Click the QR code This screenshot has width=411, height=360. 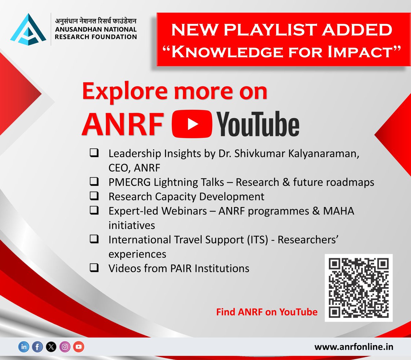coord(358,288)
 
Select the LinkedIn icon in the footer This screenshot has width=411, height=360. coord(24,347)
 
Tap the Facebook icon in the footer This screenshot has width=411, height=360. coord(37,347)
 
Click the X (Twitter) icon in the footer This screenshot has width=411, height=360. coord(51,347)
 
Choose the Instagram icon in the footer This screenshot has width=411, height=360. coord(65,347)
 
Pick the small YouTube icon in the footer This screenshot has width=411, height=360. coord(78,347)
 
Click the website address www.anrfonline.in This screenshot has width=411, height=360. coord(354,347)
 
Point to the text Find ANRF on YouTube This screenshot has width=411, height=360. coord(266,312)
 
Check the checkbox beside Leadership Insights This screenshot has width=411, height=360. coord(94,153)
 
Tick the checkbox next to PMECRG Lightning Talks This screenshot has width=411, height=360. coord(94,182)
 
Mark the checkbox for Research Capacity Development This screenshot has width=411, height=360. coord(94,196)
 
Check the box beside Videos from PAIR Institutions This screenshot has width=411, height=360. coord(94,268)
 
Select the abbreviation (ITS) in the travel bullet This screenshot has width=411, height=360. coord(257,240)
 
